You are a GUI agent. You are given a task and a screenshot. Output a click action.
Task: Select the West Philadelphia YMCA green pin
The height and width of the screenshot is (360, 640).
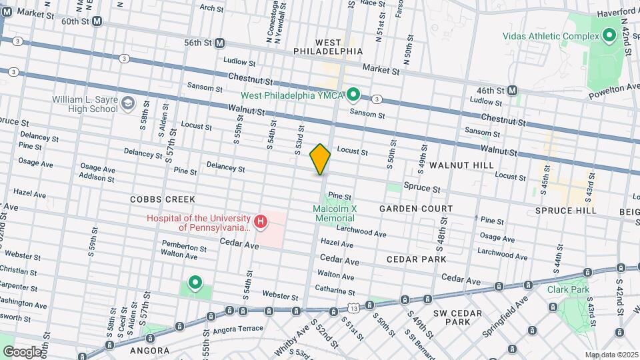pos(354,95)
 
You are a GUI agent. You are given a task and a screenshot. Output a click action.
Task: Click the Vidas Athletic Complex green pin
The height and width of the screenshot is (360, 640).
pos(609,35)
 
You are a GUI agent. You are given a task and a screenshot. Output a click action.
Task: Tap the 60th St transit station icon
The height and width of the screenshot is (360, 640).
pos(97,21)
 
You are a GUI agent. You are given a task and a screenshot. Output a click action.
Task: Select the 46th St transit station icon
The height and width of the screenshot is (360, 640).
pos(513,90)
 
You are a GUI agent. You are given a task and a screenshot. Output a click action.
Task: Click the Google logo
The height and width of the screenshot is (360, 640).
pos(21,351)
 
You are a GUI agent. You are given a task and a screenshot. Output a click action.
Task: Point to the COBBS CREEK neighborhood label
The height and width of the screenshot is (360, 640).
pos(163,199)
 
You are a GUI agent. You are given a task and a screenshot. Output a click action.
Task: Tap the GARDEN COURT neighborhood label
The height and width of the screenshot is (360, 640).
pos(416,209)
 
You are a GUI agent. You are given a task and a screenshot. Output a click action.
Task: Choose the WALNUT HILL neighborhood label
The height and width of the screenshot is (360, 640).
pos(461,165)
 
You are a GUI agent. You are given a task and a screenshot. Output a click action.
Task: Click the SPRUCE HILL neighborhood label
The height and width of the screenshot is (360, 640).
pos(563,210)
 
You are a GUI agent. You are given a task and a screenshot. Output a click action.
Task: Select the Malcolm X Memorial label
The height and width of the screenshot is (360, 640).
pos(335,213)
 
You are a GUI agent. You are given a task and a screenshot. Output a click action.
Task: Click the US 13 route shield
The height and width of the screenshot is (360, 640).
pos(353,308)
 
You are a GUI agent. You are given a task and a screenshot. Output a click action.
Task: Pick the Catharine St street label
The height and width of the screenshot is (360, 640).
pos(336,291)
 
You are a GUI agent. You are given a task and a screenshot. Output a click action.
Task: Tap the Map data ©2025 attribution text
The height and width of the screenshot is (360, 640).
pos(611,355)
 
